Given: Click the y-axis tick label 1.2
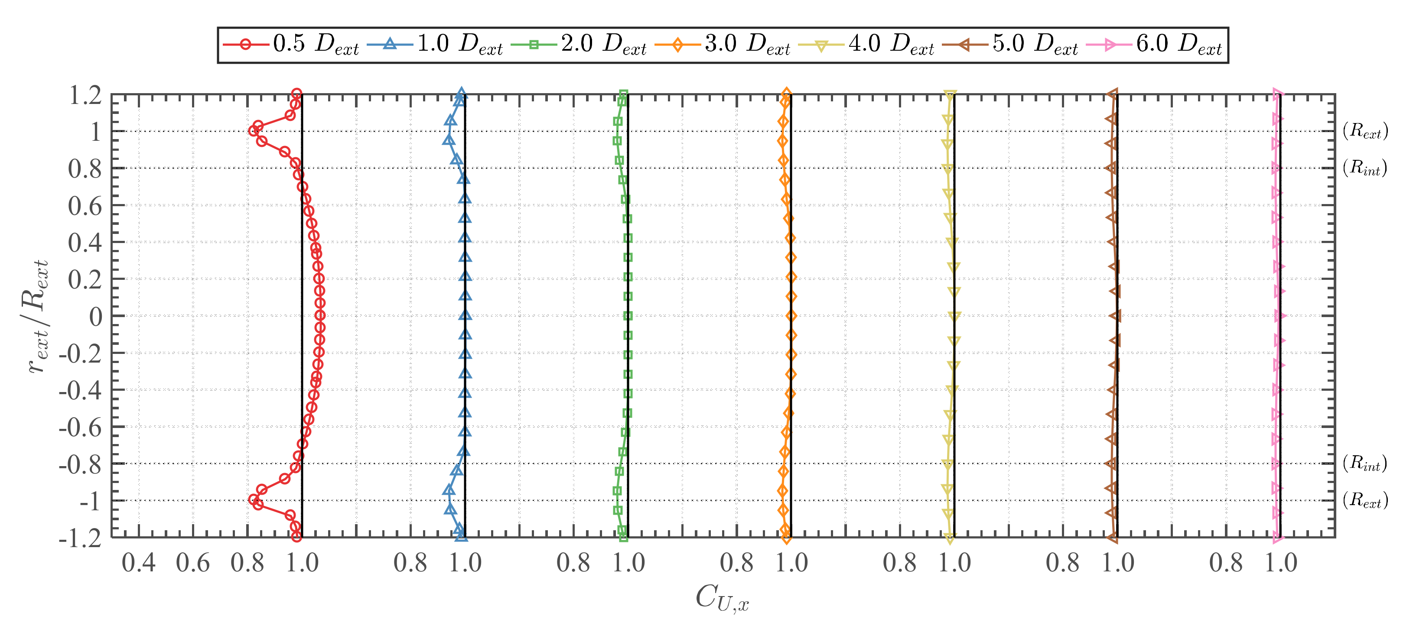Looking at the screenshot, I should point(85,95).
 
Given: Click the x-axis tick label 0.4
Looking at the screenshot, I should point(138,563).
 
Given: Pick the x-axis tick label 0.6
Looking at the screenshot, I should point(192,563).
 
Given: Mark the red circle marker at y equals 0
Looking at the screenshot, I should point(320,315).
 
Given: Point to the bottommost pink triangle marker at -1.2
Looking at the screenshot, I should point(1277,538).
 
